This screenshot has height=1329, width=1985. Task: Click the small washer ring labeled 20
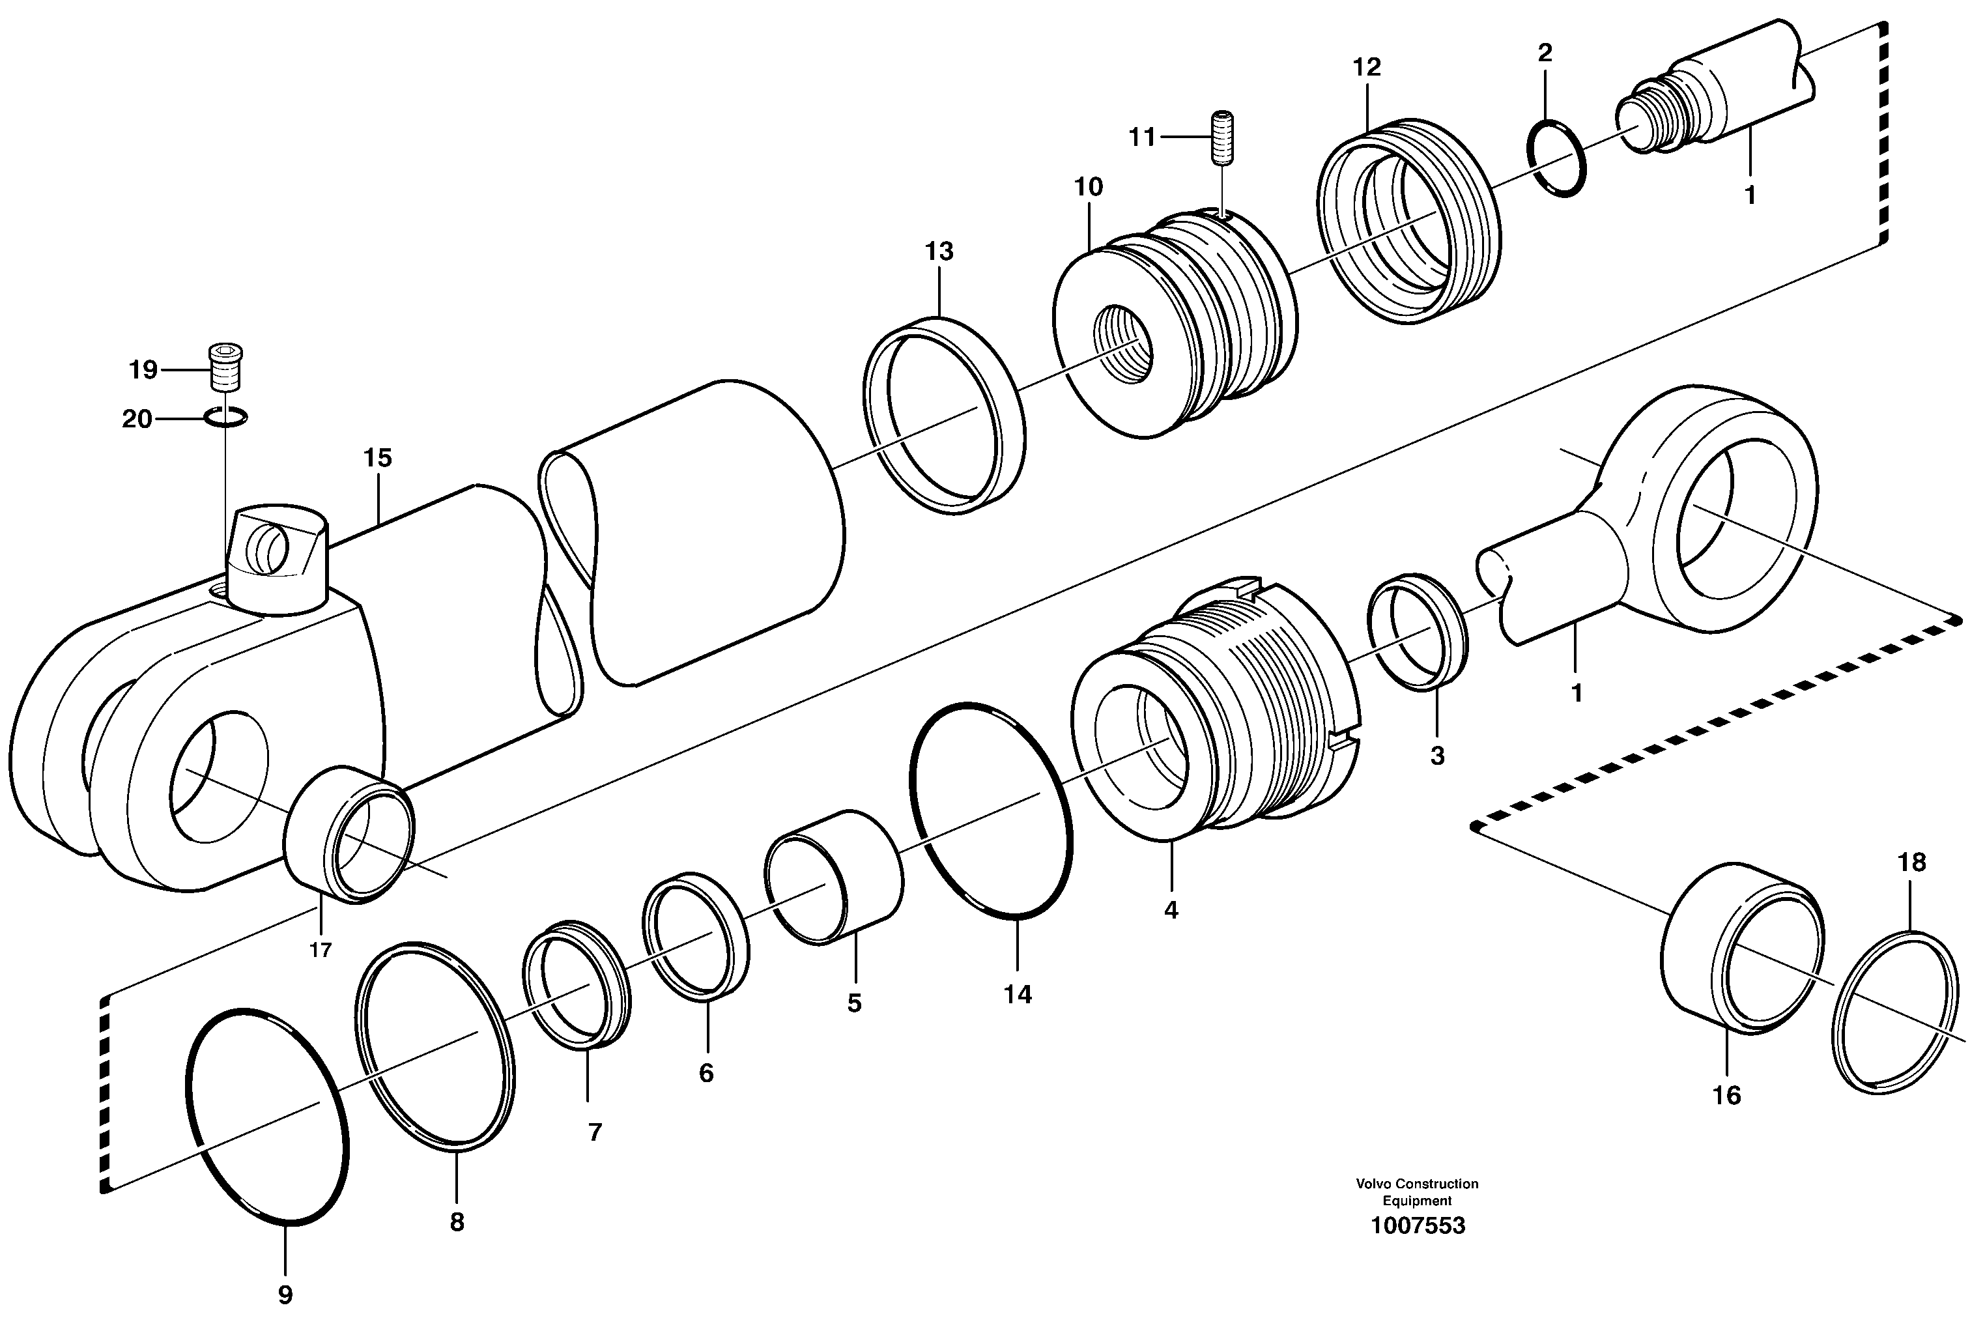tap(225, 416)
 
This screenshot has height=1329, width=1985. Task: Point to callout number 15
tap(377, 459)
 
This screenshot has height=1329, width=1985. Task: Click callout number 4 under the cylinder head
tap(1171, 910)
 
